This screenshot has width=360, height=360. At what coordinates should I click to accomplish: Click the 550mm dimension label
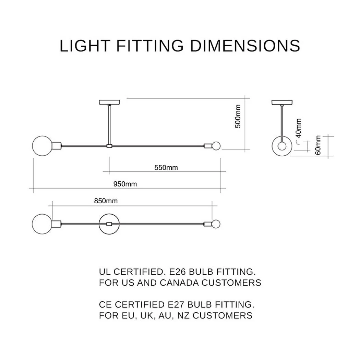[x=166, y=168]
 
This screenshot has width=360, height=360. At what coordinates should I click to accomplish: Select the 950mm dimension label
[x=125, y=184]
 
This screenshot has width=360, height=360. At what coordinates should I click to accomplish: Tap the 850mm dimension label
[x=106, y=201]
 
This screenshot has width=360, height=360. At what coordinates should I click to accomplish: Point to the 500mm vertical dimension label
[x=238, y=116]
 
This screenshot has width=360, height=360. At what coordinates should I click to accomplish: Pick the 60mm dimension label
[x=318, y=145]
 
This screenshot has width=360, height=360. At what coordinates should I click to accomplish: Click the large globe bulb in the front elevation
[x=42, y=146]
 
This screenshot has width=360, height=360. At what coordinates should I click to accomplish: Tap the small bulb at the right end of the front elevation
[x=216, y=146]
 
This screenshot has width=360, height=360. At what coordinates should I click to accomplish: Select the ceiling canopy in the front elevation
[x=109, y=102]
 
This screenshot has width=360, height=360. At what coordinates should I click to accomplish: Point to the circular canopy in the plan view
[x=109, y=214]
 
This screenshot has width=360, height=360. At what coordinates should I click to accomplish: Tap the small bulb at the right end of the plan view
[x=216, y=224]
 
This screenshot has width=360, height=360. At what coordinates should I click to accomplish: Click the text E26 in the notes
[x=177, y=272]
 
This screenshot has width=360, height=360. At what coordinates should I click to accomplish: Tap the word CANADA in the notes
[x=180, y=283]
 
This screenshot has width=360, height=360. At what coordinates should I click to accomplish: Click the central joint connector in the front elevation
[x=109, y=146]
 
